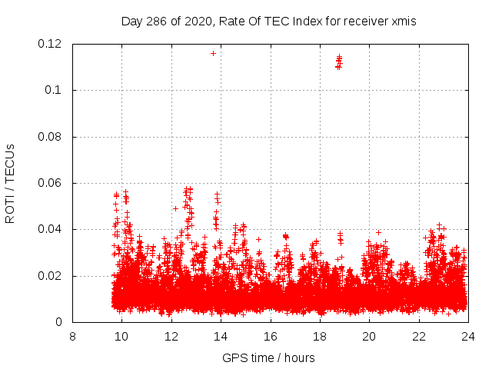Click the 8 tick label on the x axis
[72, 336]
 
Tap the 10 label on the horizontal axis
[121, 336]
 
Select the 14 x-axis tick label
[221, 336]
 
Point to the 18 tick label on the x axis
[320, 336]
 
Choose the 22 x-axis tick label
[419, 336]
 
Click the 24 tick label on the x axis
[468, 336]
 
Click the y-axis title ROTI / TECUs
[11, 184]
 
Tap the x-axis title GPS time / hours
[268, 357]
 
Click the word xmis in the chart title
[403, 22]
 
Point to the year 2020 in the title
[195, 22]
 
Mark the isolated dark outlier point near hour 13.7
[213, 53]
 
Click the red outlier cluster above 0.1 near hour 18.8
[339, 61]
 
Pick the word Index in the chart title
[304, 22]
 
